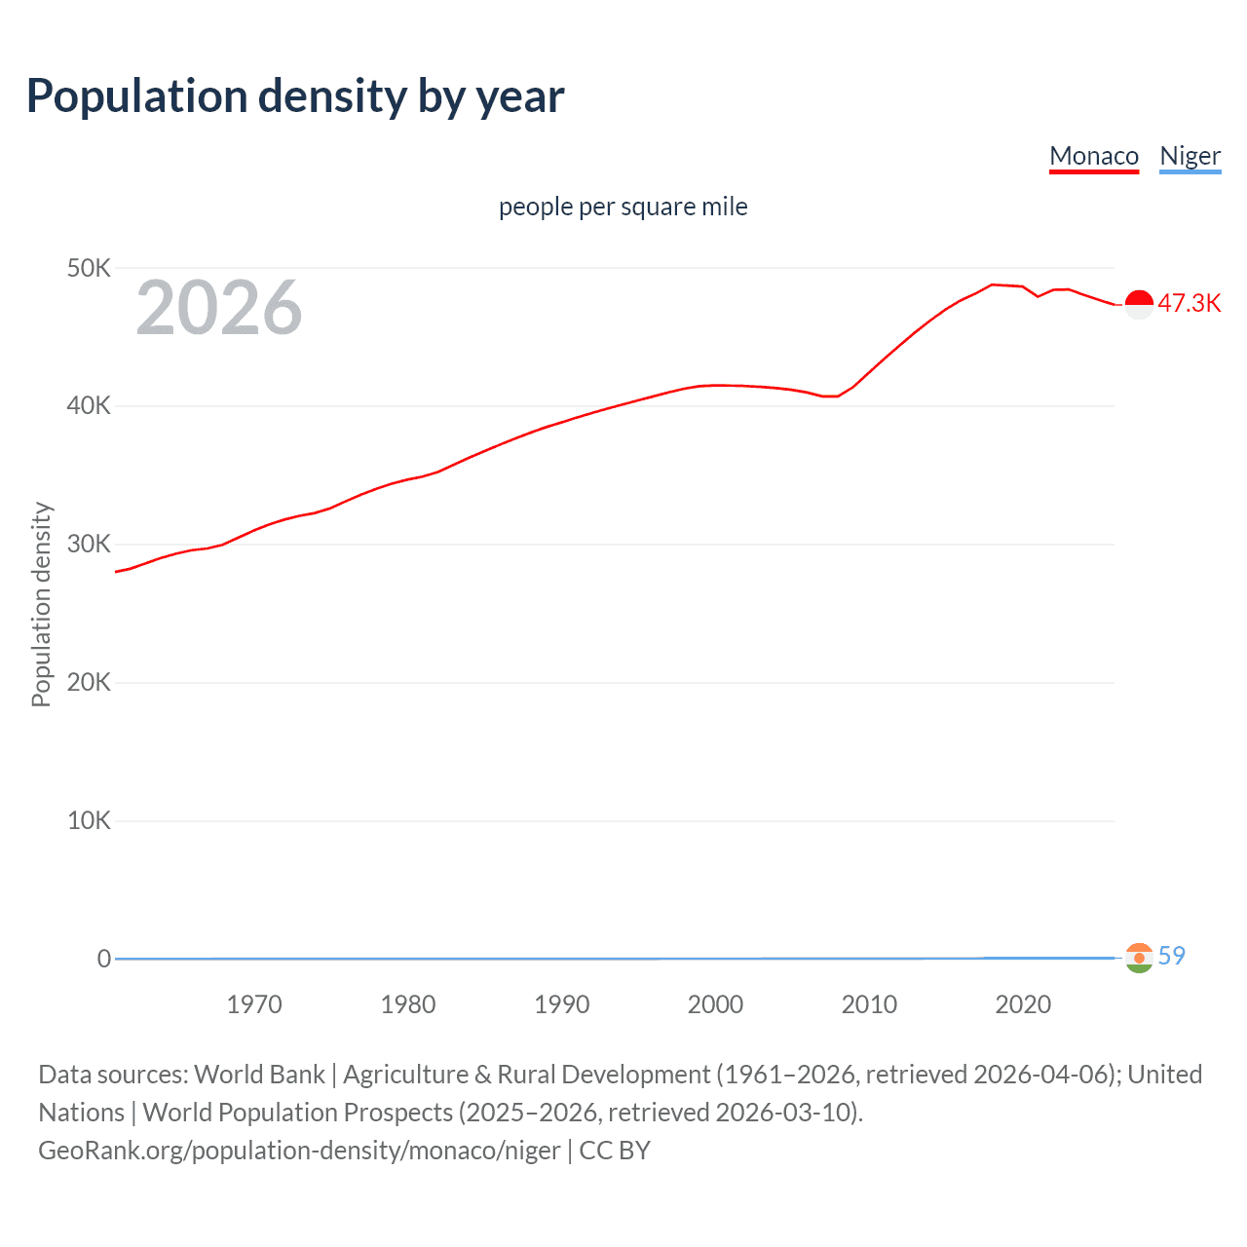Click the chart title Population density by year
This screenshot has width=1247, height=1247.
click(295, 96)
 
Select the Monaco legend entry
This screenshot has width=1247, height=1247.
click(1093, 156)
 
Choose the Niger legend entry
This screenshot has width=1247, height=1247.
click(1190, 156)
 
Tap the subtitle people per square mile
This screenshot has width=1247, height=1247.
click(623, 207)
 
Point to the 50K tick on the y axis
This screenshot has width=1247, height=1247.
click(89, 268)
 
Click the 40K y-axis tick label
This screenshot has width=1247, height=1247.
click(89, 406)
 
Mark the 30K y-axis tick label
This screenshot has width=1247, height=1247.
click(89, 545)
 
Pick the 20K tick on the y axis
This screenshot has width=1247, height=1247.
click(89, 683)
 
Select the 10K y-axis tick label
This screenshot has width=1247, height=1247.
click(89, 821)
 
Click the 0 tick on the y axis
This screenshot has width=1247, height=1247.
click(103, 959)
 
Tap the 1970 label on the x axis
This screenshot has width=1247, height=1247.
click(254, 1004)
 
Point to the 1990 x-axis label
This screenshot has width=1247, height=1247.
click(562, 1004)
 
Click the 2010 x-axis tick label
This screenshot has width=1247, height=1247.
click(869, 1004)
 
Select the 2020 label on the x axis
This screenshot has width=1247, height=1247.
click(1023, 1004)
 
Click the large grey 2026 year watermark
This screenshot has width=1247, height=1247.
click(219, 308)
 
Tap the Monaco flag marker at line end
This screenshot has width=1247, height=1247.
click(1139, 304)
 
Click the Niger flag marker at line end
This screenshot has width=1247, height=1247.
click(1139, 958)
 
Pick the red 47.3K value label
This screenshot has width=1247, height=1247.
click(1189, 303)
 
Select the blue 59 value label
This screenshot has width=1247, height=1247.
click(1171, 956)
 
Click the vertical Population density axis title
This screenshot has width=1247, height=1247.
click(41, 604)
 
